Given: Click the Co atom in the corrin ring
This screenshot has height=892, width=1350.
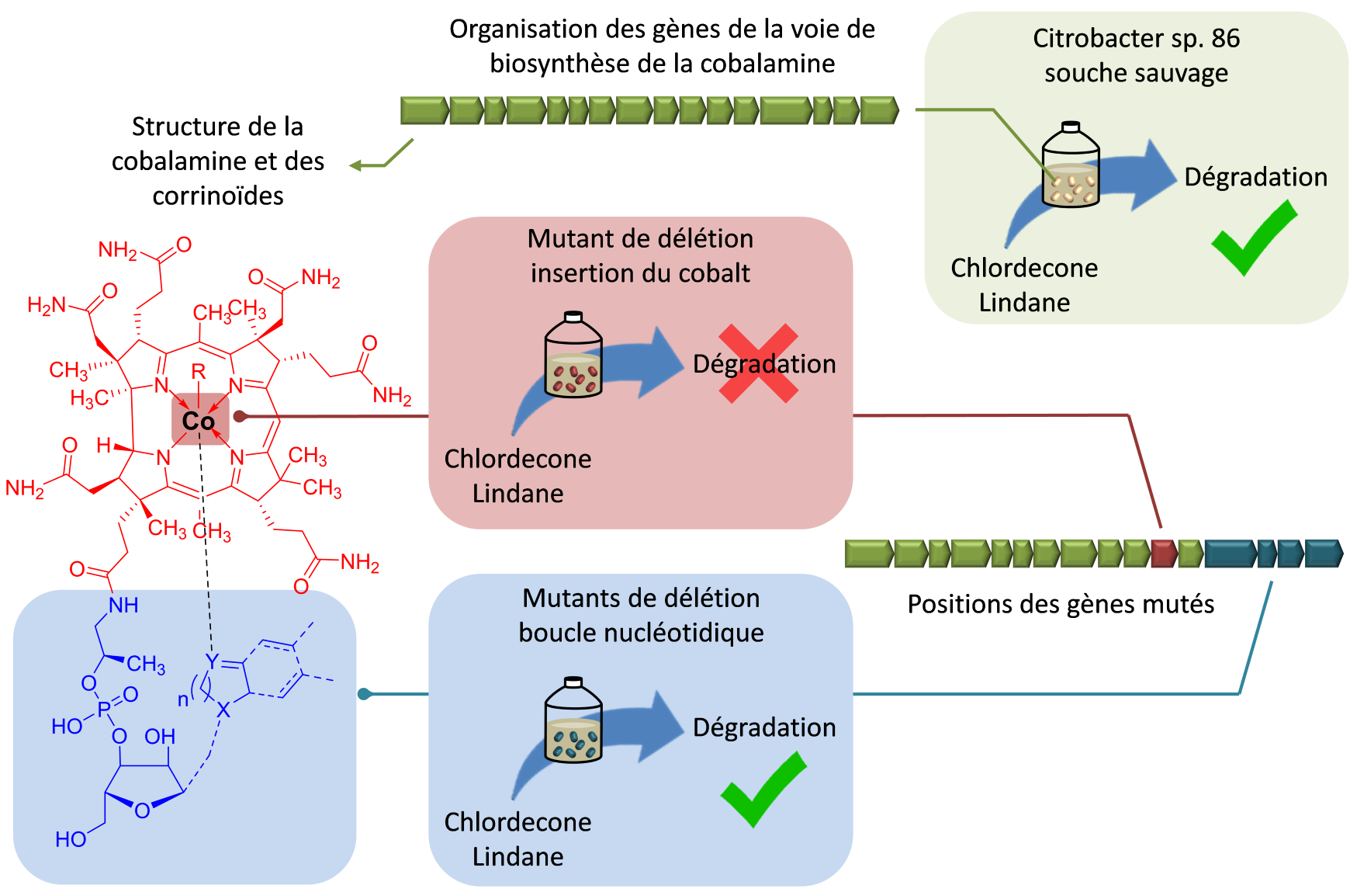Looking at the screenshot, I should pyautogui.click(x=199, y=421).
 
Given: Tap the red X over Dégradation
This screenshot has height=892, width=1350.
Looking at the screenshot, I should pyautogui.click(x=758, y=363).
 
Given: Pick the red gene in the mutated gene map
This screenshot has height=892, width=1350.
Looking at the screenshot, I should pyautogui.click(x=1164, y=554).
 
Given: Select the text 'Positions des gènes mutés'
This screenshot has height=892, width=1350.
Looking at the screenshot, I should pyautogui.click(x=1061, y=604).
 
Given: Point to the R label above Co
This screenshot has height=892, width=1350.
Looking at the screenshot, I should pyautogui.click(x=199, y=372).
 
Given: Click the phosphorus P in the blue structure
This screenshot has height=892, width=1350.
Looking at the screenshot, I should pyautogui.click(x=104, y=709).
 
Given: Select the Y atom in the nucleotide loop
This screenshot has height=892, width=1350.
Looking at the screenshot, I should pyautogui.click(x=211, y=661).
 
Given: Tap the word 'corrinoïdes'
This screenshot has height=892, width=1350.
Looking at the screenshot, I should pyautogui.click(x=218, y=196).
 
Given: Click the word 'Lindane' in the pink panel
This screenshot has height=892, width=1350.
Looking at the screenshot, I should pyautogui.click(x=517, y=494).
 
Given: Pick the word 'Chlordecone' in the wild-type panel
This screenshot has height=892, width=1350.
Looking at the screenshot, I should pyautogui.click(x=1024, y=268).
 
